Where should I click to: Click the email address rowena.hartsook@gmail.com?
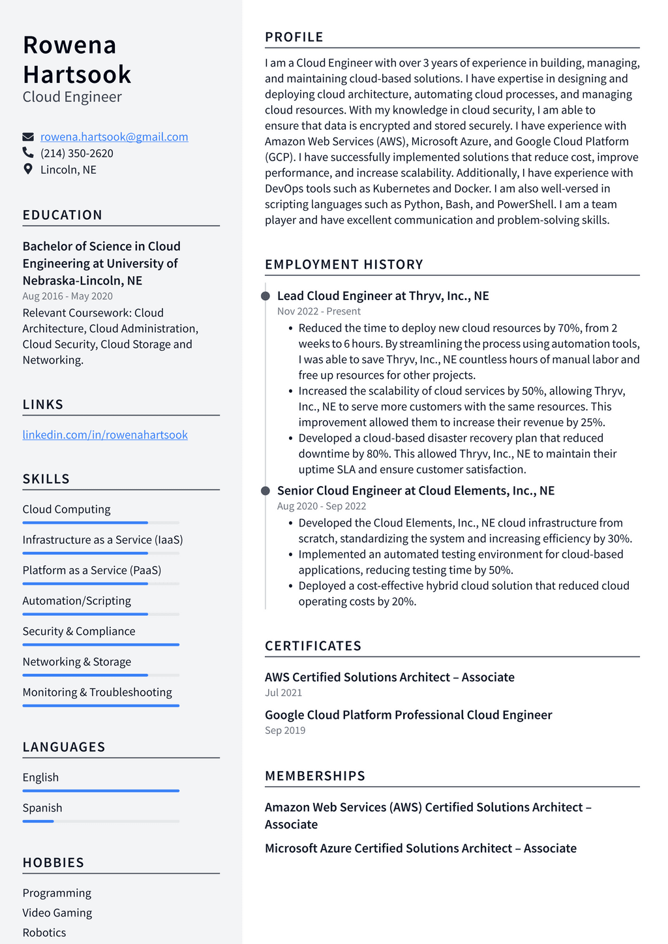(114, 137)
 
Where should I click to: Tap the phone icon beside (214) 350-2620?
(28, 153)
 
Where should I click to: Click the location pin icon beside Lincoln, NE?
(28, 169)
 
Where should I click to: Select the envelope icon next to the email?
(28, 137)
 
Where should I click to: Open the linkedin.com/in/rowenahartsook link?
(105, 434)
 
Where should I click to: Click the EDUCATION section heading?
(63, 215)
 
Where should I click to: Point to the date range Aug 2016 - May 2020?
(68, 296)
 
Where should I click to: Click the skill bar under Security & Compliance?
(101, 645)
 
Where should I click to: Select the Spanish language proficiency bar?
(101, 821)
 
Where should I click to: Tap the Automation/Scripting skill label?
(77, 601)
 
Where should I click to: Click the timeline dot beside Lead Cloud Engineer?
(266, 296)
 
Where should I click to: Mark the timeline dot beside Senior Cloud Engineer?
(266, 491)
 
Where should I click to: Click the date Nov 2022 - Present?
(319, 311)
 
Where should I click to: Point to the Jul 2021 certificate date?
(283, 693)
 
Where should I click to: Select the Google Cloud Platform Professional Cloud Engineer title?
(408, 715)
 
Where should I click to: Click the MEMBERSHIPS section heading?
(315, 776)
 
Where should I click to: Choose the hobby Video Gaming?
(57, 913)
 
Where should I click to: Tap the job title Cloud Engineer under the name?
(72, 97)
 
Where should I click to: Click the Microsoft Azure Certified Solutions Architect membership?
(421, 848)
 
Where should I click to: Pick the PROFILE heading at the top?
(294, 37)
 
